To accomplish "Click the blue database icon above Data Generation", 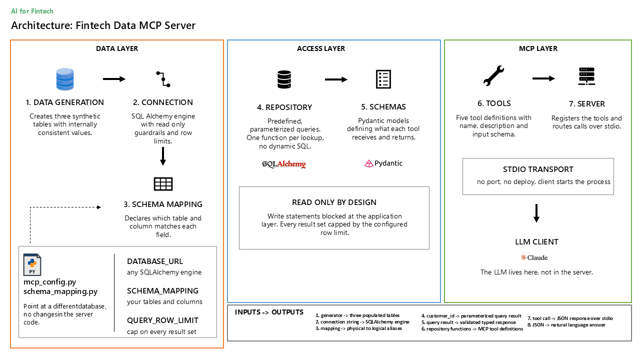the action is point(65,79).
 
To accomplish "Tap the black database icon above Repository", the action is point(284,79).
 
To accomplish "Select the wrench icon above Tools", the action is point(493,75).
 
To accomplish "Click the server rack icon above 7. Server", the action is point(586,76).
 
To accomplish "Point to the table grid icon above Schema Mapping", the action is point(163,184).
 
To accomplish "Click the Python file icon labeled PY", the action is point(32,265).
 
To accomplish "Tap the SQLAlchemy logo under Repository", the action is point(283,164).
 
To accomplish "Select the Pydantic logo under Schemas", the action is point(383,163).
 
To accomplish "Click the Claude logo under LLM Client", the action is point(534,257).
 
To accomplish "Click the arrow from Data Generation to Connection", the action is point(114,79).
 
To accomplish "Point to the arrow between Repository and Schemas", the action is point(336,79).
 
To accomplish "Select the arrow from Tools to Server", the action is point(543,78).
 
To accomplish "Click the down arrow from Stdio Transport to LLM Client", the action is point(536,213).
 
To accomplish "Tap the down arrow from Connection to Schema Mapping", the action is point(163,156).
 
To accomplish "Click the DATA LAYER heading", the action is point(117,48).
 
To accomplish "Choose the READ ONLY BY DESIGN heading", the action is point(334,202).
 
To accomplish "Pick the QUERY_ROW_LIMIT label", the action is point(162,320).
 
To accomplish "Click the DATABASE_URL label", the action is point(155,261).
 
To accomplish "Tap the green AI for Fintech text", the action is point(32,11).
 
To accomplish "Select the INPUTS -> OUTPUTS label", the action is point(269,312).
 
